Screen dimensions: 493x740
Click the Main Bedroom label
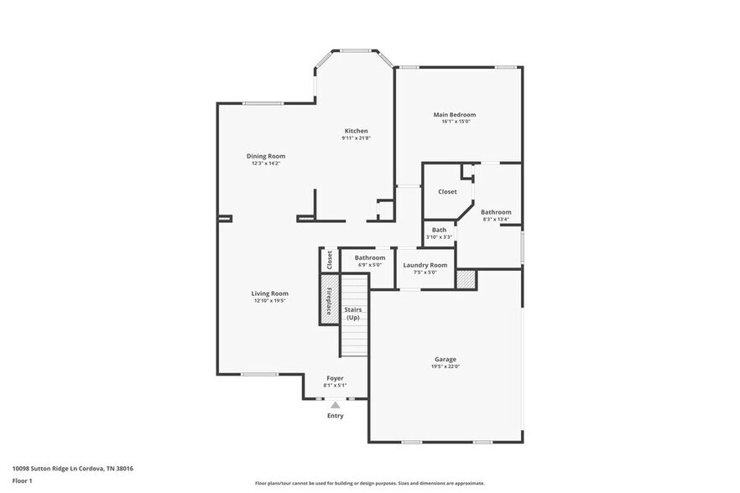point(454,114)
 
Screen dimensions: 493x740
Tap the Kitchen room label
point(356,131)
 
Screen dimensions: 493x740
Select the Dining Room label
point(266,156)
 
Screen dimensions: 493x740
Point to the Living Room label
point(269,293)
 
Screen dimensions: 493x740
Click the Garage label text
point(446,359)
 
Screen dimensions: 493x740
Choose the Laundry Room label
point(425,265)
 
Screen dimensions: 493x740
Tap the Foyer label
point(336,378)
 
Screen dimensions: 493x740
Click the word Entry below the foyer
point(335,415)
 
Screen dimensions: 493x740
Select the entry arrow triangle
point(335,404)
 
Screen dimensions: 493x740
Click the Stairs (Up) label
point(353,314)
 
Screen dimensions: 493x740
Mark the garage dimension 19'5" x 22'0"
point(446,366)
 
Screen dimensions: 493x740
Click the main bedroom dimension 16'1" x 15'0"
point(456,122)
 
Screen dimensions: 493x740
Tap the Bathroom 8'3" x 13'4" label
point(495,216)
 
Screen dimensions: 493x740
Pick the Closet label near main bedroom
point(447,191)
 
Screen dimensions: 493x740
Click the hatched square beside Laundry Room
point(466,278)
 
